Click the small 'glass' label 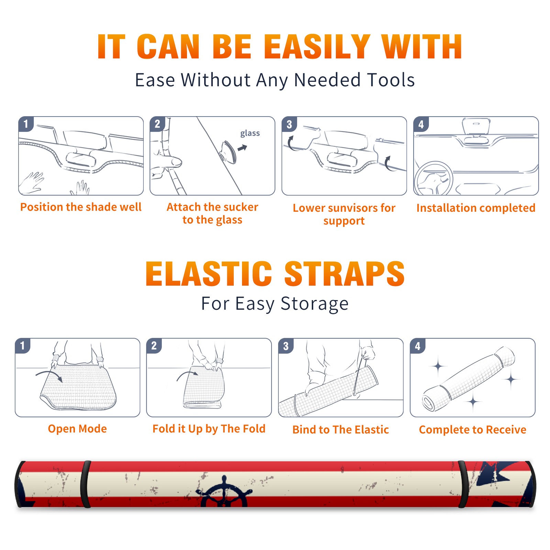pos(250,133)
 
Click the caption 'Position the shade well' pos(81,207)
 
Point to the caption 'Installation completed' pos(476,208)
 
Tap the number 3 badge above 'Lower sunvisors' pos(289,124)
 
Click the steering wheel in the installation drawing pos(433,179)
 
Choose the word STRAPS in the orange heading pos(344,274)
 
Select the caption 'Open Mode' pos(77,429)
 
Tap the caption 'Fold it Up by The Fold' pos(209,429)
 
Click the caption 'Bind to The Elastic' pos(341,429)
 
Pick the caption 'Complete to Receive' pos(473,429)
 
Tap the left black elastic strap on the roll pos(86,484)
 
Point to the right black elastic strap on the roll pos(463,484)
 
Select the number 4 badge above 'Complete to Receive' pos(418,346)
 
